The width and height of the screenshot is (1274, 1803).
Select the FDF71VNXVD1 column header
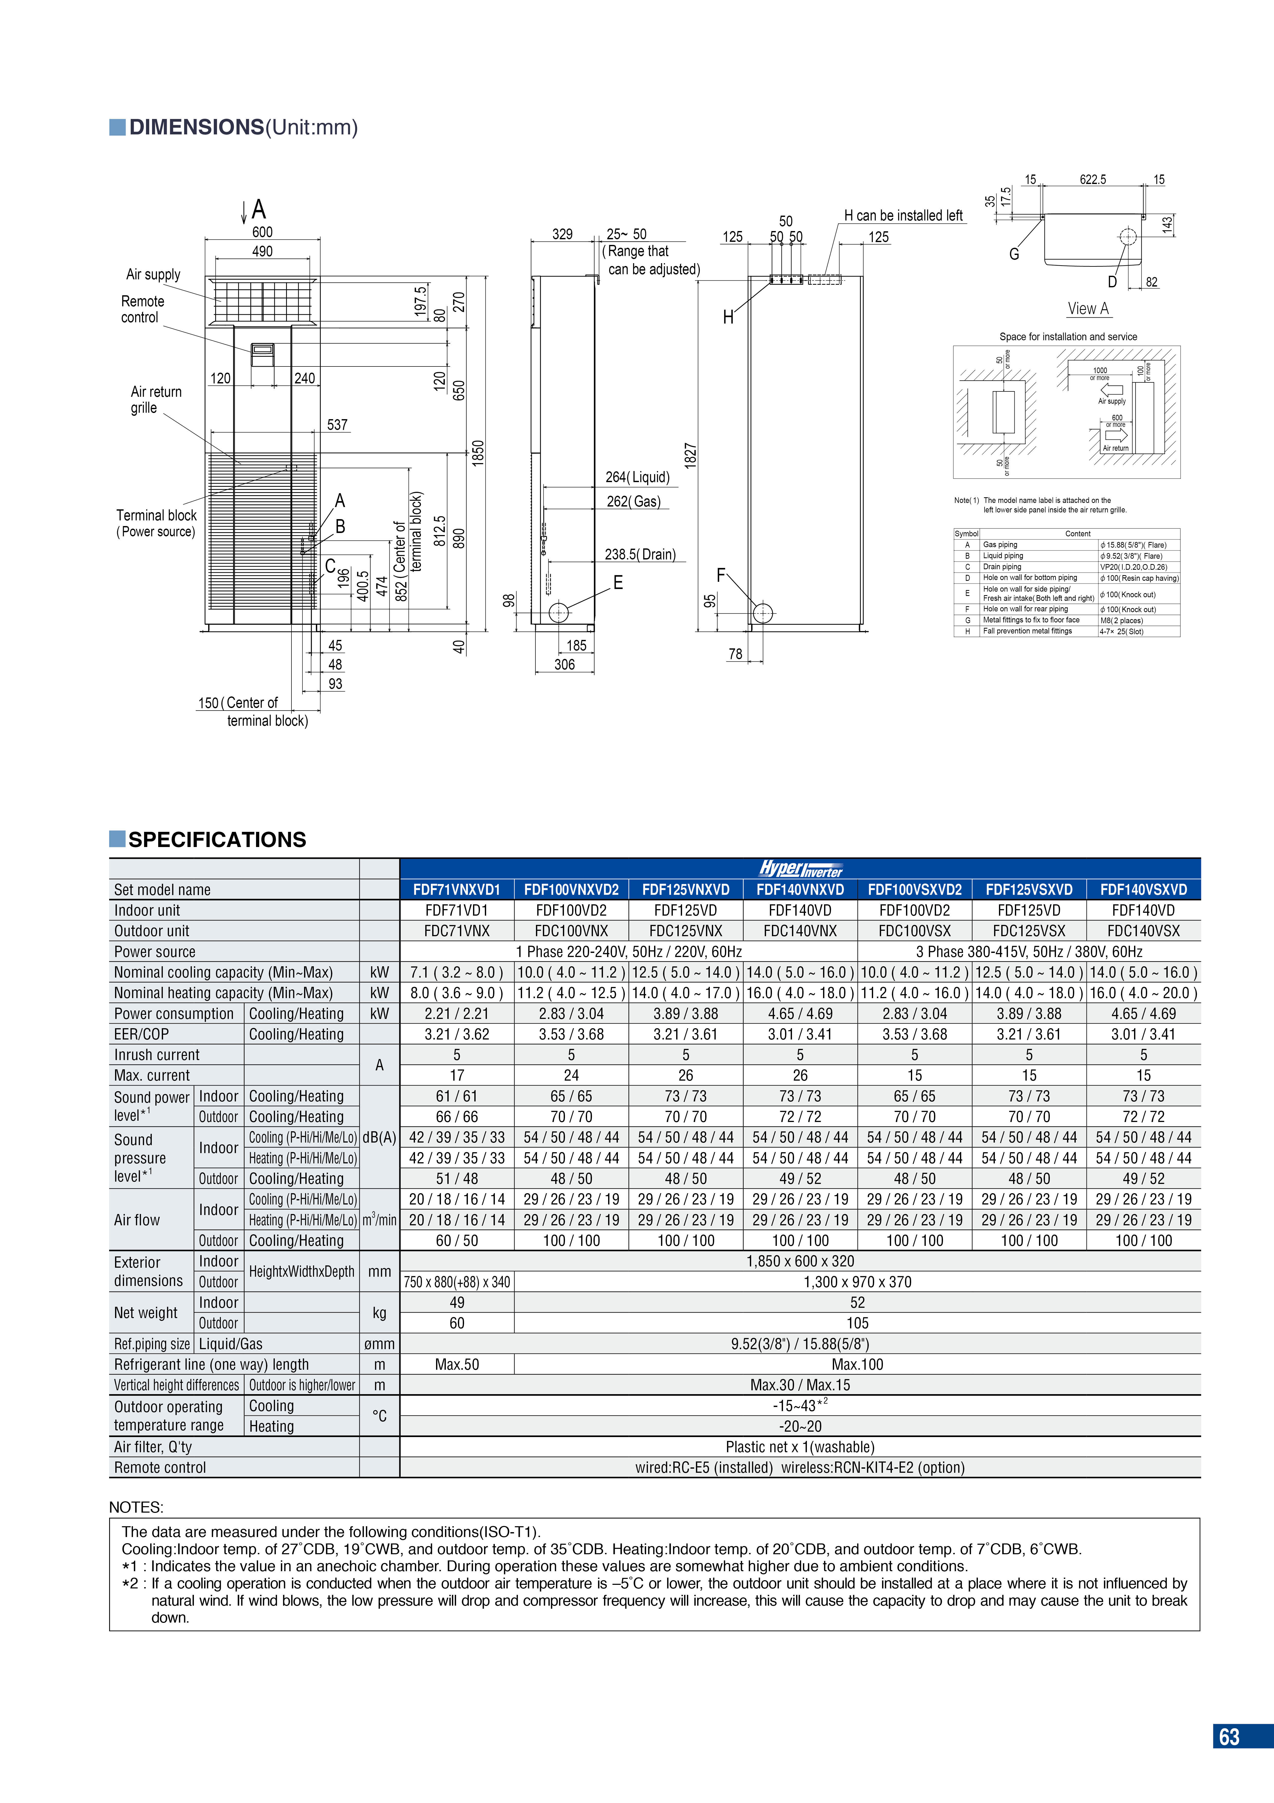[x=457, y=890]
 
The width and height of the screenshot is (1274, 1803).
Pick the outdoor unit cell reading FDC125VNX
[x=685, y=931]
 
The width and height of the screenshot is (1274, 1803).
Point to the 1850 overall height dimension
[x=478, y=453]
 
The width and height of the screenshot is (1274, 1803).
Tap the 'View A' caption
[x=1088, y=309]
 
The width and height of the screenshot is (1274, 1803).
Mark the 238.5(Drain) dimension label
[x=640, y=554]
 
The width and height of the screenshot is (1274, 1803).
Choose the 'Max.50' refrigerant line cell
[x=457, y=1365]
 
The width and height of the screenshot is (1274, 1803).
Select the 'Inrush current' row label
[x=157, y=1055]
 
